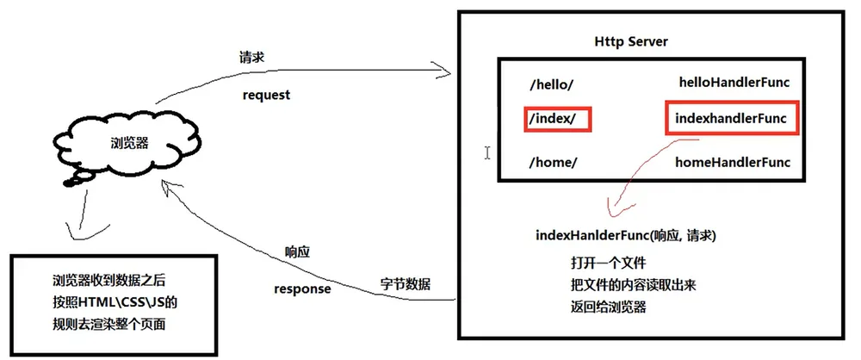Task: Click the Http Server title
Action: tap(631, 42)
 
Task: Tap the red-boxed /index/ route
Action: tap(556, 119)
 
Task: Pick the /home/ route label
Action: tap(553, 163)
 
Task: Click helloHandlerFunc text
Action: tap(734, 83)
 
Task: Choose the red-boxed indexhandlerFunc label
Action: tap(731, 118)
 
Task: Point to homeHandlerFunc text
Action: tap(733, 162)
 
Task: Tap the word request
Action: tap(266, 95)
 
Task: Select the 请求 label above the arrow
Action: tap(251, 57)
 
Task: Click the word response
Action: tap(302, 289)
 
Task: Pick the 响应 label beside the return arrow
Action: tap(298, 252)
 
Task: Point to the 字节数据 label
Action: tap(406, 284)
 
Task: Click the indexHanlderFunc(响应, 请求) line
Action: tap(625, 236)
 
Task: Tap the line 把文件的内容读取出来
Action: tap(637, 285)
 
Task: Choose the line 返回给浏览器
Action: tap(609, 307)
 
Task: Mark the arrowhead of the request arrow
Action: tap(449, 71)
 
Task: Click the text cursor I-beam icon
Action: tap(487, 152)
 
